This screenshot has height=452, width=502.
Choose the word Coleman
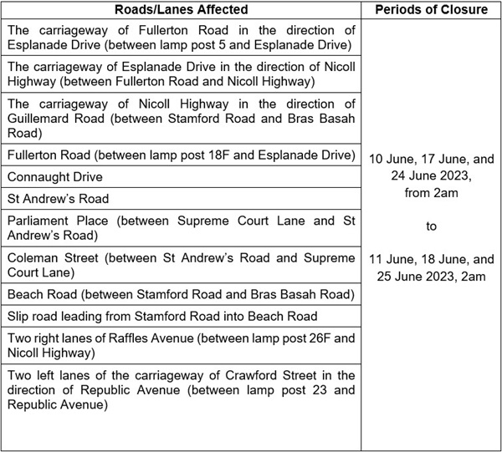point(33,258)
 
